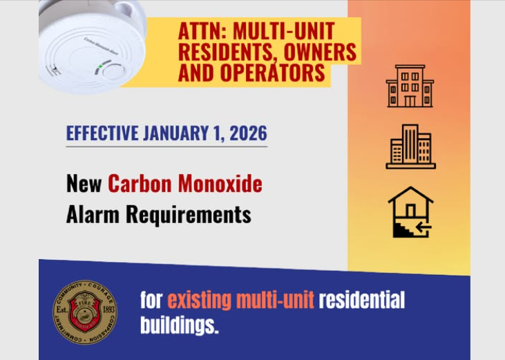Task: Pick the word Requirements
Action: [189, 214]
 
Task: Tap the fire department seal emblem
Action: [85, 312]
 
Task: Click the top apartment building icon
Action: [410, 86]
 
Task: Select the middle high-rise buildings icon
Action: [410, 146]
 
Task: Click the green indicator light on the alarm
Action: [100, 67]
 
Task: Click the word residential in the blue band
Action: [362, 301]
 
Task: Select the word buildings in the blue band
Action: [179, 325]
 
